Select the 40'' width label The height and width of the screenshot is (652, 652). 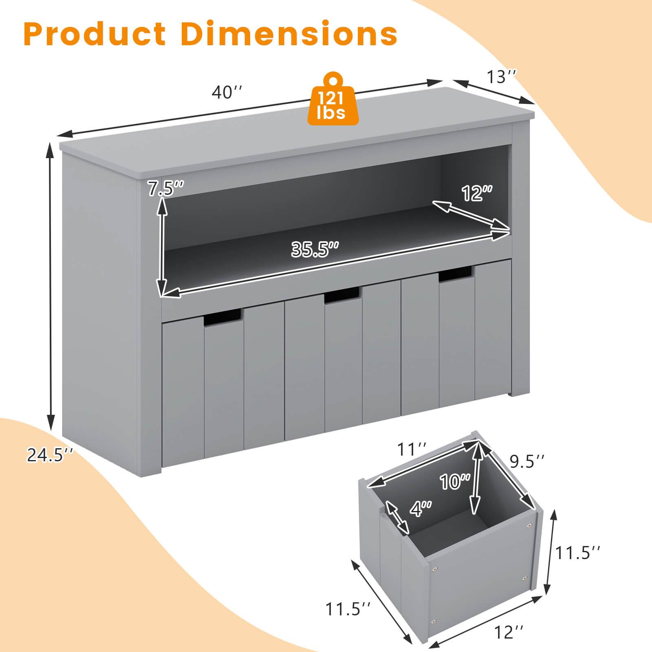click(227, 93)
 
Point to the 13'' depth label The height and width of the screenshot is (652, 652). click(502, 77)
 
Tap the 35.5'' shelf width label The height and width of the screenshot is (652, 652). click(315, 249)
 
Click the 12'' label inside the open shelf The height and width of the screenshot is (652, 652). click(477, 193)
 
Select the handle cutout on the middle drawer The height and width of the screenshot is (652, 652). click(342, 295)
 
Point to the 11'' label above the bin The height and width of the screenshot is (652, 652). click(412, 450)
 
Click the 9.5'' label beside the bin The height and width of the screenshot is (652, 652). click(527, 461)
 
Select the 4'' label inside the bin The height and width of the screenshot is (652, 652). click(420, 509)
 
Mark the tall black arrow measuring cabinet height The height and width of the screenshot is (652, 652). click(51, 285)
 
